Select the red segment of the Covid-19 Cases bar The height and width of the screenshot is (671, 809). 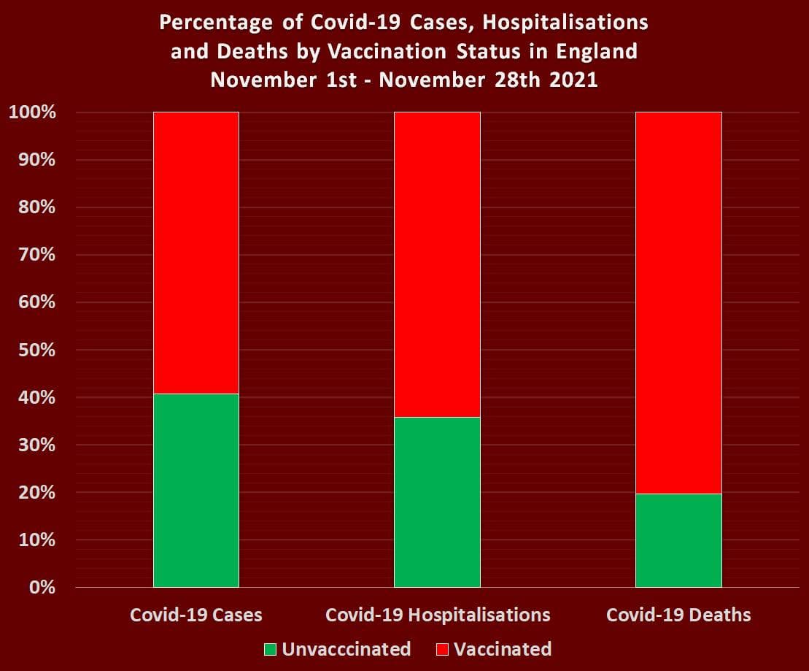[196, 253]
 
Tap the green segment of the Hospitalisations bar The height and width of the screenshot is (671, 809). [437, 502]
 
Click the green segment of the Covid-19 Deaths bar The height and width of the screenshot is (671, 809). [678, 540]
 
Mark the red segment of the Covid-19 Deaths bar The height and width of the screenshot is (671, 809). [678, 303]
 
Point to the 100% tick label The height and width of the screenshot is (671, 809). [31, 112]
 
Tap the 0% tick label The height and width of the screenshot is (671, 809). [41, 587]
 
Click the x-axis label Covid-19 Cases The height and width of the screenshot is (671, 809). [196, 615]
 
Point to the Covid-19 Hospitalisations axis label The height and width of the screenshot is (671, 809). [438, 615]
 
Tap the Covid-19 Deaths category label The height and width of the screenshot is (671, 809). [678, 615]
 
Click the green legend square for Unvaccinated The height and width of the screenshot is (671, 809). [271, 649]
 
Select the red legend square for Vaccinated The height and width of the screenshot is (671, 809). [443, 649]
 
